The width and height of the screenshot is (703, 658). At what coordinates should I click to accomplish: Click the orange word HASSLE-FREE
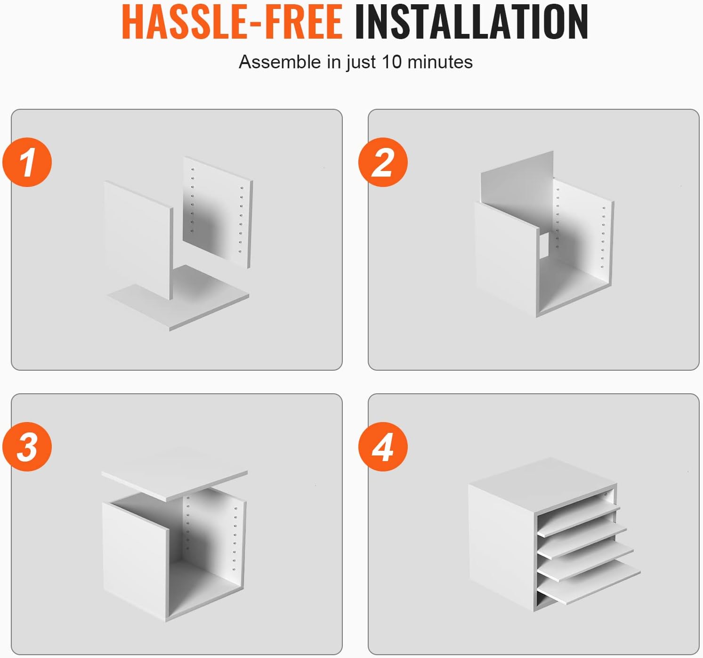(x=232, y=22)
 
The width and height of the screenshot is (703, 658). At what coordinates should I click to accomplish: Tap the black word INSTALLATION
(x=471, y=22)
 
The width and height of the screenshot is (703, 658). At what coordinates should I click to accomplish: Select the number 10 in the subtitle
(x=392, y=62)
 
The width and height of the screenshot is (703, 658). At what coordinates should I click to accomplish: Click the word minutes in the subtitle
(x=440, y=62)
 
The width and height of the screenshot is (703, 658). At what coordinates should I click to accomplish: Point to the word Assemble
(x=280, y=62)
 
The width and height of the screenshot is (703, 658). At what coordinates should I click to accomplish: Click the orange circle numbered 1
(x=27, y=162)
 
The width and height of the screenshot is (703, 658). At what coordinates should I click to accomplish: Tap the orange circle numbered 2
(x=383, y=162)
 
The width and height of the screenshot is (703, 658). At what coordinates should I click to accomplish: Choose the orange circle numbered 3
(x=27, y=447)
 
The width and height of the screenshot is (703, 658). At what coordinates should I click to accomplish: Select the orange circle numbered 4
(x=383, y=447)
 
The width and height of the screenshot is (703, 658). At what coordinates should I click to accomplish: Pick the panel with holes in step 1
(x=218, y=212)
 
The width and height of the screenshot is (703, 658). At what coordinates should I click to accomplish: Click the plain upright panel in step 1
(x=138, y=240)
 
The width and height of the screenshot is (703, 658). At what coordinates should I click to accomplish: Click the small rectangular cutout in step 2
(x=544, y=244)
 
